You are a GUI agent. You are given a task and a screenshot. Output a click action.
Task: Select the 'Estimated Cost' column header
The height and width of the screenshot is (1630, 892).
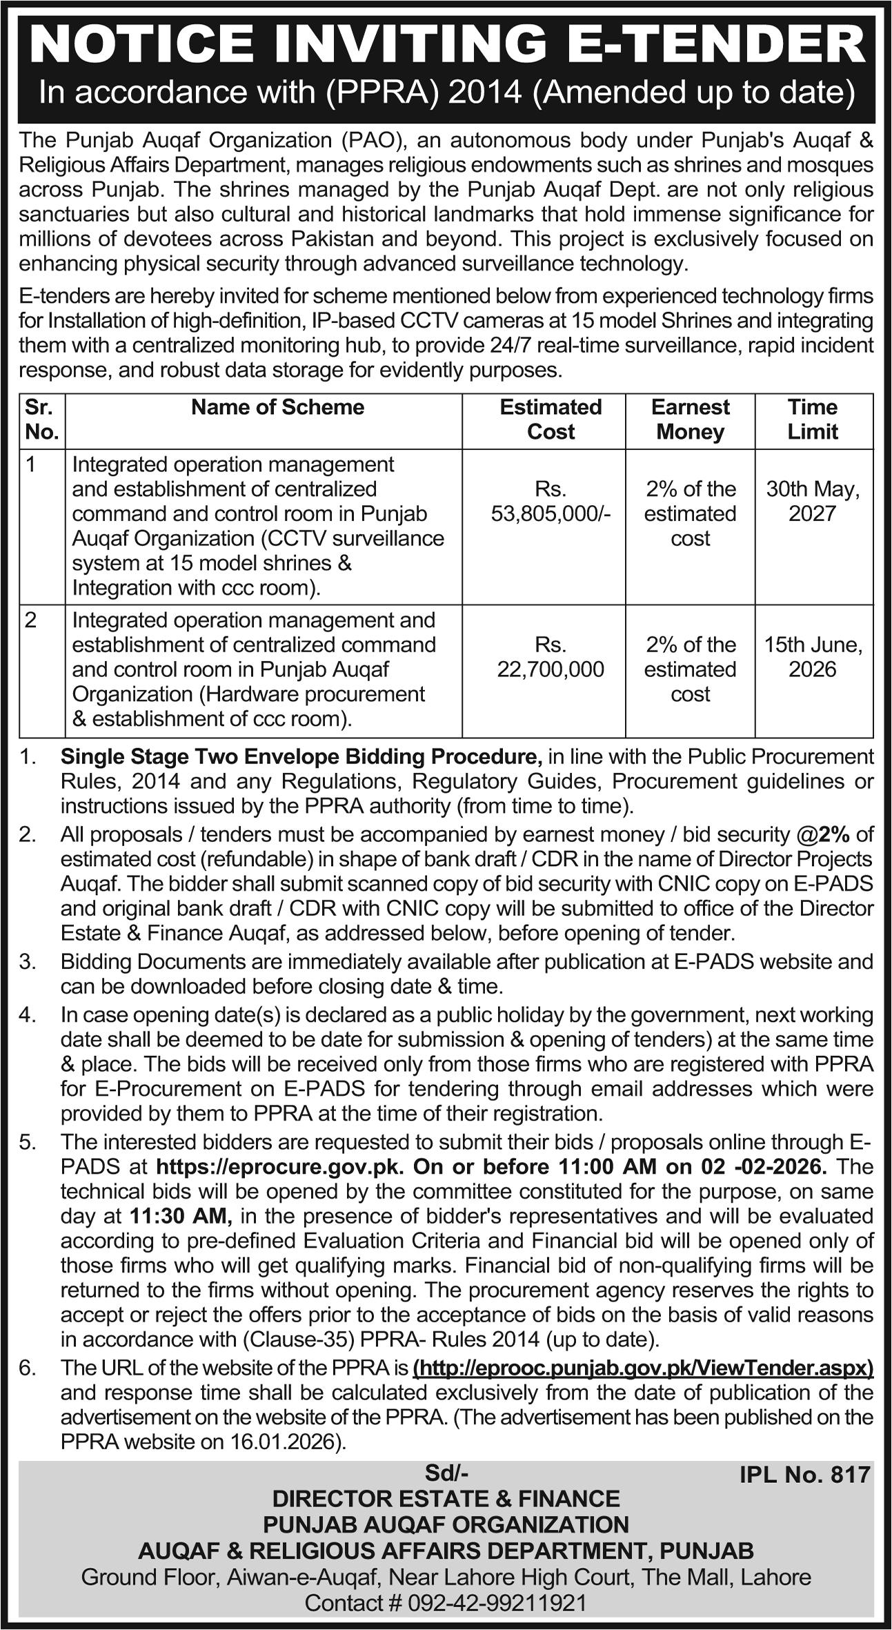coord(551,419)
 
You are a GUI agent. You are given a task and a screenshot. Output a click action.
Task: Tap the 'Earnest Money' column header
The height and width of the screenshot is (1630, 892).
coord(690,419)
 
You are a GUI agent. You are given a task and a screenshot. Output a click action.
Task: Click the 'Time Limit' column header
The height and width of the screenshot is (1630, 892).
coord(813,419)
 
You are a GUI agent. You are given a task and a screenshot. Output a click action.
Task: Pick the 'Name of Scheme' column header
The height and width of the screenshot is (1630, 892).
coord(277,407)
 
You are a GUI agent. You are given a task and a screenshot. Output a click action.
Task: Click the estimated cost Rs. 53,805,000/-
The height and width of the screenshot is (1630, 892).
coord(551,501)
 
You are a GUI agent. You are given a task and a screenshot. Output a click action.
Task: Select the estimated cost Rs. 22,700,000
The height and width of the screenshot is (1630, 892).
coord(551,657)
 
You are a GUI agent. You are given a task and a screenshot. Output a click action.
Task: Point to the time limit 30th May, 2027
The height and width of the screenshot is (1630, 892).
coord(813,501)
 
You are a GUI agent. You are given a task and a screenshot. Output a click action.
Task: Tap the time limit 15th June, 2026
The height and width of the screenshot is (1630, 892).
coord(813,657)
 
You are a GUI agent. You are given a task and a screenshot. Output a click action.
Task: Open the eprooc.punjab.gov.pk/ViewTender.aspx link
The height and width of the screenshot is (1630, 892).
coord(643,1367)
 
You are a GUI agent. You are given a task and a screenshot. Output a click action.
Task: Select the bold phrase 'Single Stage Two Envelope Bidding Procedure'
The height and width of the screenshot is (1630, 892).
coord(301,757)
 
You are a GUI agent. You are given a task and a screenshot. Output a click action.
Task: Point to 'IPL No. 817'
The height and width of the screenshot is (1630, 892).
coord(804,1475)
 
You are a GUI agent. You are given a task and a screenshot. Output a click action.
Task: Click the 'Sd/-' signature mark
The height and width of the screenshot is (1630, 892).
coord(446,1474)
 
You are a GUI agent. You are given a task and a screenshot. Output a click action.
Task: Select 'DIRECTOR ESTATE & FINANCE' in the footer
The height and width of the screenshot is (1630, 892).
coord(446,1499)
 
